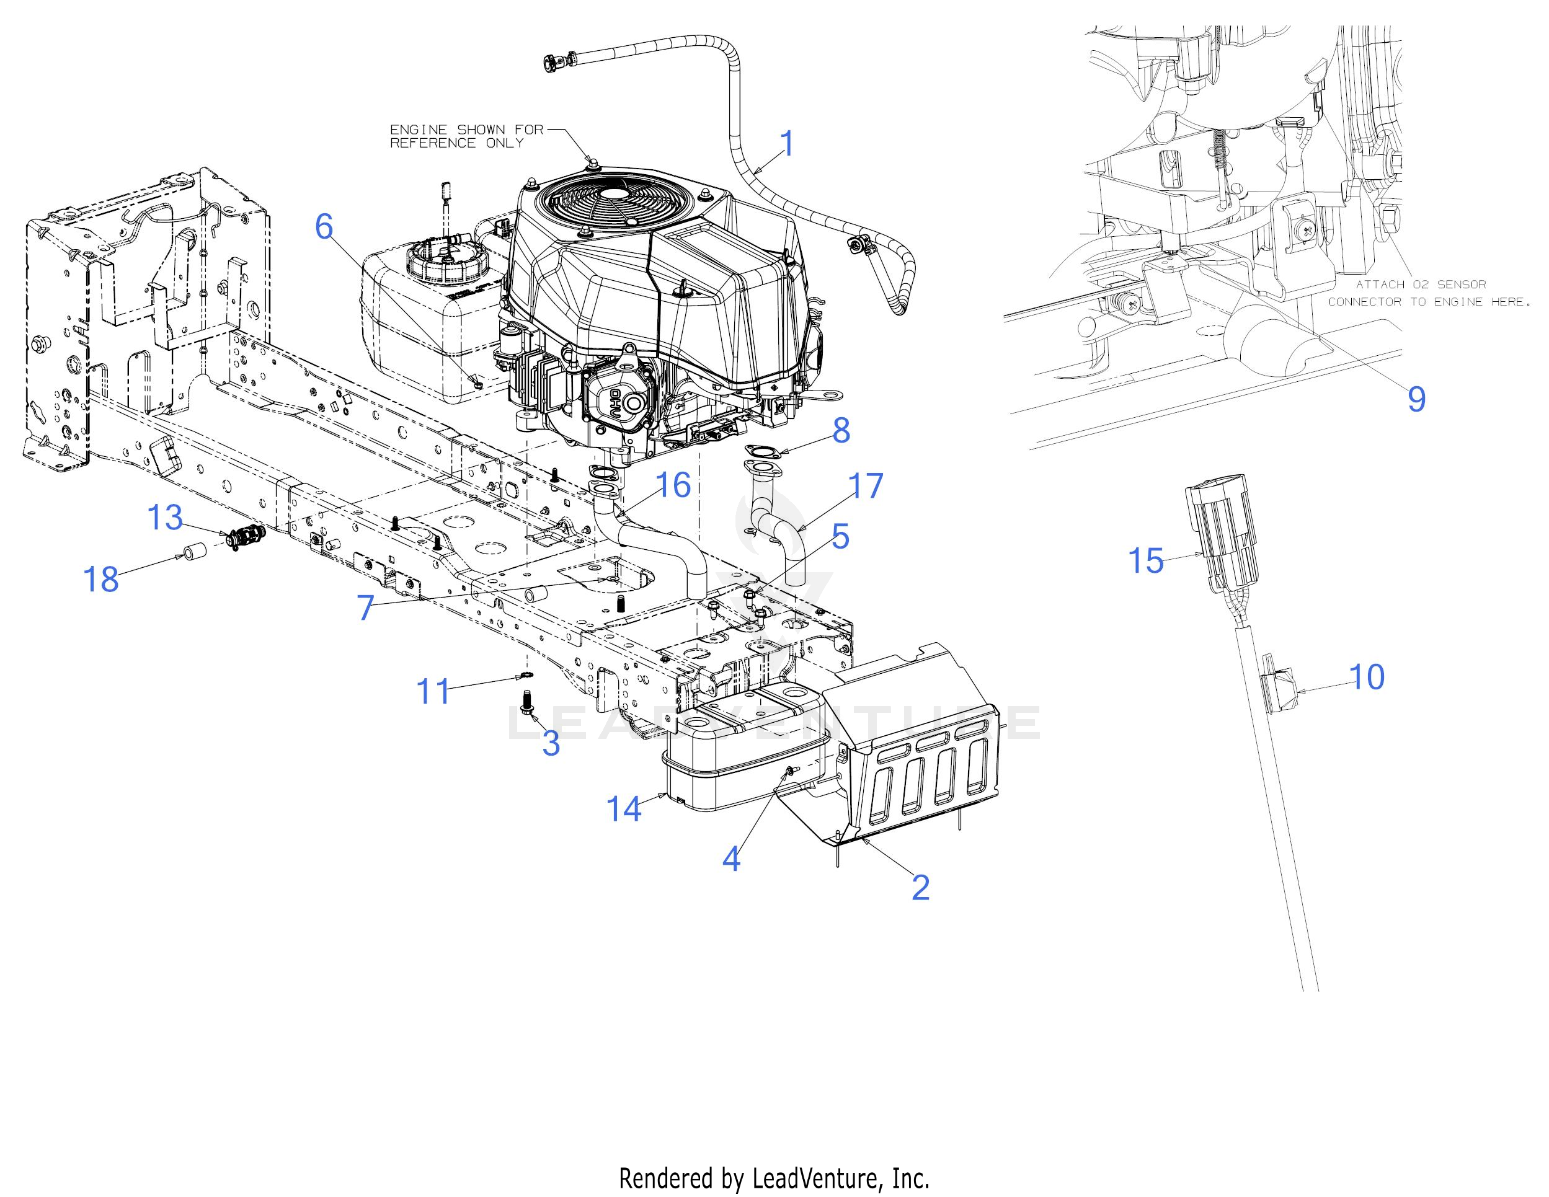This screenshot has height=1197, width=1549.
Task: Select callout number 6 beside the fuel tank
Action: tap(324, 227)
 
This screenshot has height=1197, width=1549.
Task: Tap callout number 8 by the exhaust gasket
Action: tap(841, 430)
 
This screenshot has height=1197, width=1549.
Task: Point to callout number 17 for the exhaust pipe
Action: tap(865, 487)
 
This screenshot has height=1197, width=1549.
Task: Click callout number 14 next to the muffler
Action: tap(623, 809)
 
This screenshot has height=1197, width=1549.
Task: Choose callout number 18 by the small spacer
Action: tap(100, 580)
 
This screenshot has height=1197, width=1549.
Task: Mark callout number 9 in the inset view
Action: tap(1416, 399)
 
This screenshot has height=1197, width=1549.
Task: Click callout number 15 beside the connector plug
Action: tap(1145, 561)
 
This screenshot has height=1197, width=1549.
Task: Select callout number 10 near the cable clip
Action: tap(1366, 677)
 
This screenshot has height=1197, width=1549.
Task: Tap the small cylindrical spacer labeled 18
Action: tap(193, 550)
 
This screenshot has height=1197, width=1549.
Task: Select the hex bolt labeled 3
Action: tap(526, 704)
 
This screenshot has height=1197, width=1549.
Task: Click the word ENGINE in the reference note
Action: tap(419, 130)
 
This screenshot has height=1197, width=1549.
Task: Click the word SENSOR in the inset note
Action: tap(1461, 285)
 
